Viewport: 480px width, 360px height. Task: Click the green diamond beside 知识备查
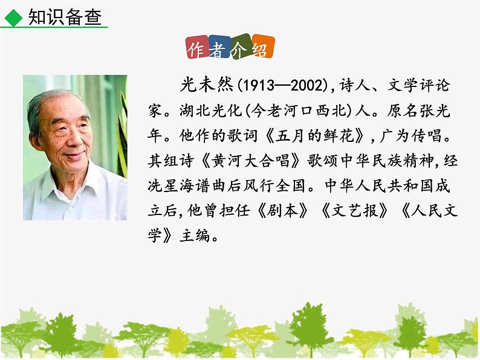click(11, 19)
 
